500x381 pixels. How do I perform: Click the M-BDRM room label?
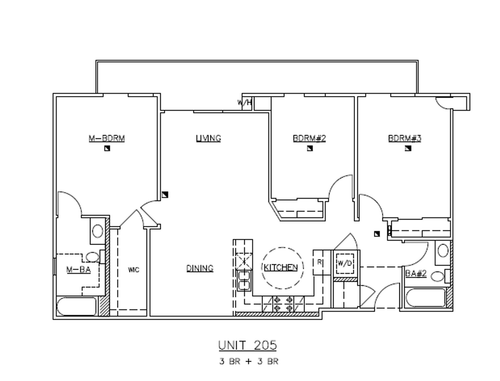(106, 138)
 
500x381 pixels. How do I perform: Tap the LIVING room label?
(208, 138)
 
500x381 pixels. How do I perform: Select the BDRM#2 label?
(309, 138)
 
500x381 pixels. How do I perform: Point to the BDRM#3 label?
(405, 138)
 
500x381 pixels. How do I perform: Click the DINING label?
(200, 268)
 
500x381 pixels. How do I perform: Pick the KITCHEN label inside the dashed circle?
(281, 267)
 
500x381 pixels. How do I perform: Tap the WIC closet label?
(134, 270)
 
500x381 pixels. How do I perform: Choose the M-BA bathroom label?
(79, 270)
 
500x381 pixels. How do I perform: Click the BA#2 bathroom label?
(416, 273)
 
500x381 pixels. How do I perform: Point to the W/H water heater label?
(245, 102)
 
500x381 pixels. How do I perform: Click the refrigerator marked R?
(319, 262)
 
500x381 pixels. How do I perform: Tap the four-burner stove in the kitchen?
(283, 304)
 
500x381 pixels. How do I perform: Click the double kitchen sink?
(244, 281)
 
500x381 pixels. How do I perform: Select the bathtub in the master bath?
(77, 306)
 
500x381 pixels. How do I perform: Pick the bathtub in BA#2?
(426, 298)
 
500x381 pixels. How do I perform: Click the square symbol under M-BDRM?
(107, 148)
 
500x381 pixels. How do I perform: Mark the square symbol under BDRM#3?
(408, 148)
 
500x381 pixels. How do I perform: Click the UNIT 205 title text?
(248, 345)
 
